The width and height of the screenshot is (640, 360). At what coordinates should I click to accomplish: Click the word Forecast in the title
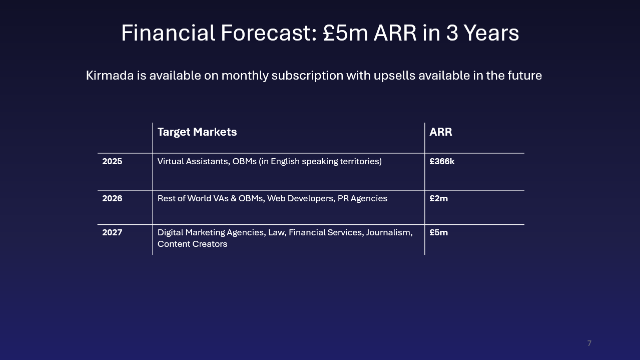[x=269, y=33]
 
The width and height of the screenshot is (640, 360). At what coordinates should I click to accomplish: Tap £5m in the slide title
[x=345, y=33]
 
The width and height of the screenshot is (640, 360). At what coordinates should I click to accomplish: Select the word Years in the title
[x=491, y=33]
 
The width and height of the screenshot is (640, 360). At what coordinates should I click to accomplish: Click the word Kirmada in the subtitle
[x=110, y=76]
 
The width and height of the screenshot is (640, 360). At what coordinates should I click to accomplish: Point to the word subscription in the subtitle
[x=307, y=76]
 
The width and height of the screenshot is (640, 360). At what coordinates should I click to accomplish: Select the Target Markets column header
[x=197, y=132]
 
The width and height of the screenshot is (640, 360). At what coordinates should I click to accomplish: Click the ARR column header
[x=440, y=132]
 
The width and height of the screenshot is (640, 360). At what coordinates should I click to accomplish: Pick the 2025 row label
[x=112, y=161]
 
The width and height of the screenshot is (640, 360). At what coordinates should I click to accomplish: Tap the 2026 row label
[x=112, y=198]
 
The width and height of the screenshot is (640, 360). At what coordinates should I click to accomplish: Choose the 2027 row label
[x=112, y=232]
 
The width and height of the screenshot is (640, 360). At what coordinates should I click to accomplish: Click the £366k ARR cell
[x=442, y=161]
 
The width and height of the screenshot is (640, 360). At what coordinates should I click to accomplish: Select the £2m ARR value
[x=438, y=198]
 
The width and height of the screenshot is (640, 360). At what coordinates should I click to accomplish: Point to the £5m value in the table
[x=438, y=232]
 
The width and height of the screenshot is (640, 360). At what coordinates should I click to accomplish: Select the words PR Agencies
[x=362, y=199]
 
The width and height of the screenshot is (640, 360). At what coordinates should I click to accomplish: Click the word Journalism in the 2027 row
[x=389, y=232]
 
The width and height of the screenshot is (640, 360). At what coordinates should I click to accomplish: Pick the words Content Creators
[x=192, y=244]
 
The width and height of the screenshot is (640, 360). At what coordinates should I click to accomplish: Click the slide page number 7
[x=589, y=343]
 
